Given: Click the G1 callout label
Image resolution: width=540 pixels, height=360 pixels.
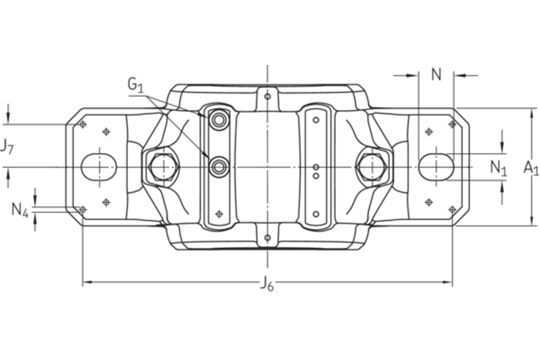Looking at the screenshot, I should (x=136, y=85).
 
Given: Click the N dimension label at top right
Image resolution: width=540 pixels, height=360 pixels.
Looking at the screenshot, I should (x=436, y=73).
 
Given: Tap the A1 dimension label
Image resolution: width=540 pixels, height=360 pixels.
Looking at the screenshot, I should (x=529, y=167).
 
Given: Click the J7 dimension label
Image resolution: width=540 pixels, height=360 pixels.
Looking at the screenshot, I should (x=6, y=147).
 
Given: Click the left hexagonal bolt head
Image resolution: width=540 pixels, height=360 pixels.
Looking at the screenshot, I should (x=162, y=167).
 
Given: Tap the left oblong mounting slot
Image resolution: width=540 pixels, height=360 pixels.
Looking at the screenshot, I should (x=99, y=166).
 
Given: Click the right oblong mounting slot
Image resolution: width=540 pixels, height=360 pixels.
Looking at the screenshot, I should (x=435, y=166).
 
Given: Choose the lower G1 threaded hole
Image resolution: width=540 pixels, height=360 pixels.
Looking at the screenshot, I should (x=217, y=167).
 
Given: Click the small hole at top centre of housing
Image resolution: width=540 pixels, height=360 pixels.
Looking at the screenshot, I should (x=267, y=95).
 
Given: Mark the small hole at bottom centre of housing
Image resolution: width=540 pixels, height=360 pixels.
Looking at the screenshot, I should (x=267, y=237).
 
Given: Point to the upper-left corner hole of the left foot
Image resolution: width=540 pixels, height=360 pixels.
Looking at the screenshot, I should (x=83, y=124).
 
